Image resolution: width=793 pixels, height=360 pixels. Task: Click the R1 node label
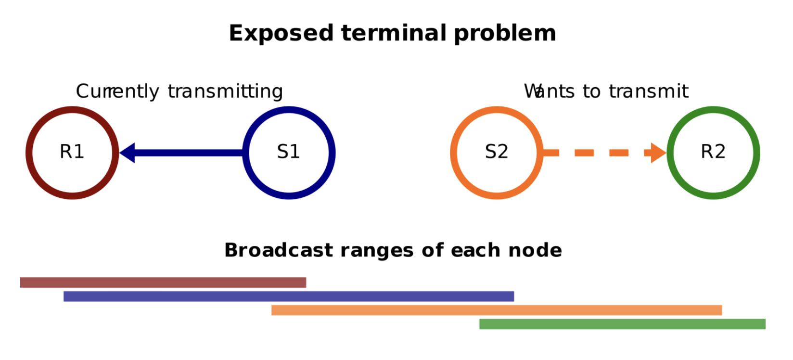coord(72,152)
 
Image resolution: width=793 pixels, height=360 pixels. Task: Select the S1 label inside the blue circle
coord(288,152)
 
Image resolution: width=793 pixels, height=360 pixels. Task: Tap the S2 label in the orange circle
coord(496,152)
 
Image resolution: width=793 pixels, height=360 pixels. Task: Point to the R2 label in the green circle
coord(713,152)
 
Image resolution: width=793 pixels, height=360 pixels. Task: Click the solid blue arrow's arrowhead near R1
coord(128,153)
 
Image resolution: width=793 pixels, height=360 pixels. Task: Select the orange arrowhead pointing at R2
coord(658,153)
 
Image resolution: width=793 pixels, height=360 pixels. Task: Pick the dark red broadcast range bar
coord(163,283)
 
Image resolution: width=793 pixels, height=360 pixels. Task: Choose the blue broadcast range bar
coord(288,296)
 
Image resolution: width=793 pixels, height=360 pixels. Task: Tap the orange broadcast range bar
coord(496,310)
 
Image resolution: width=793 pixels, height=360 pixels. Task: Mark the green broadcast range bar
coord(622,324)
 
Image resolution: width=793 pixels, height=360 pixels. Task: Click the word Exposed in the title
coord(281,34)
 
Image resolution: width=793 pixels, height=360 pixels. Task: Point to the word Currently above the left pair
coord(117,91)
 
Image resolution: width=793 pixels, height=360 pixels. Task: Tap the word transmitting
coord(225,91)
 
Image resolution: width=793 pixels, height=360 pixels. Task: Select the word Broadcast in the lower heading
coord(279,250)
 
